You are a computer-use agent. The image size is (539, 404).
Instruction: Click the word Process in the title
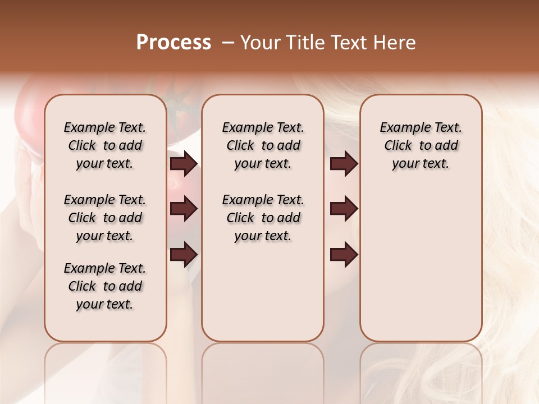[173, 43]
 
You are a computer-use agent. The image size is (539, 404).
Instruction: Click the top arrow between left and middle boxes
[184, 164]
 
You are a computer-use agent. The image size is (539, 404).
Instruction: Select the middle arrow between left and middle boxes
[184, 209]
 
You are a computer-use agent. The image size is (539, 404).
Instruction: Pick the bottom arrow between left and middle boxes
[184, 254]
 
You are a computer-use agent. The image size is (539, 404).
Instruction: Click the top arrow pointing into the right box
[344, 164]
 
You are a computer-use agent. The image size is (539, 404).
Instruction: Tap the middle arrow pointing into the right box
[344, 209]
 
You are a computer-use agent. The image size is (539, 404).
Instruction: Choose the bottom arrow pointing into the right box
[344, 254]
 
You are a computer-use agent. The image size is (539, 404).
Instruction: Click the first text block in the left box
[105, 145]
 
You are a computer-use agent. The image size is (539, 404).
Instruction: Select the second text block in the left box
[105, 218]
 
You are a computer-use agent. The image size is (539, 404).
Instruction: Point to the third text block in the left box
[105, 286]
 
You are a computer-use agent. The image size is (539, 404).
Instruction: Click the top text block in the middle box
[263, 145]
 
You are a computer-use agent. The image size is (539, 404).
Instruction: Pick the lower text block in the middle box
[263, 218]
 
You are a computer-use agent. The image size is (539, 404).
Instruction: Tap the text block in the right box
[421, 145]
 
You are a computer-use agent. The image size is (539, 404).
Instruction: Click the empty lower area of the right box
[421, 264]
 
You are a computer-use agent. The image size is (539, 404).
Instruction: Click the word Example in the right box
[401, 128]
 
